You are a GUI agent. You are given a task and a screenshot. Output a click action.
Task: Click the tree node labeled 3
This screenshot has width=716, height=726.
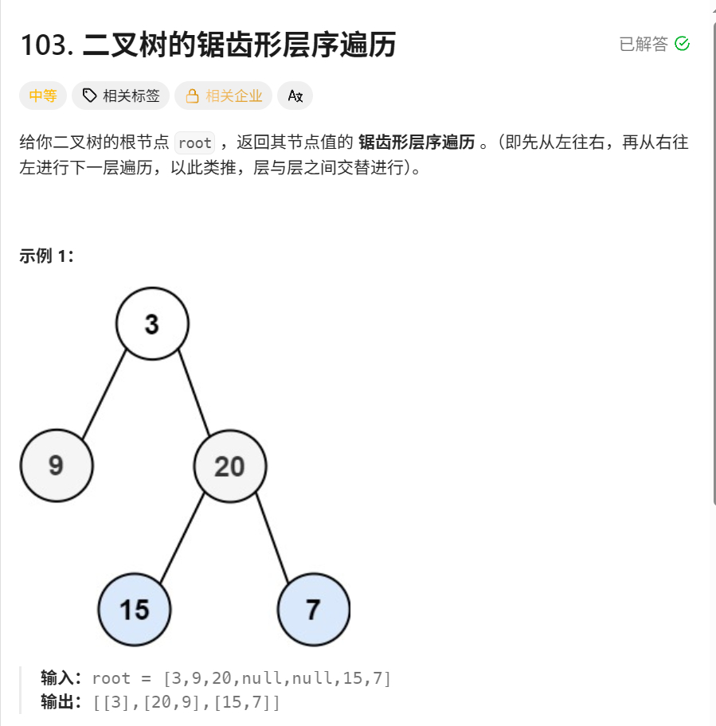coord(152,323)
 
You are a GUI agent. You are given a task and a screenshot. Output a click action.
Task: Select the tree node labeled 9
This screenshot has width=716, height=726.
coord(57,465)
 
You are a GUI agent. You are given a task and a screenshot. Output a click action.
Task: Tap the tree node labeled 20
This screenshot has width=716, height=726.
coord(230,466)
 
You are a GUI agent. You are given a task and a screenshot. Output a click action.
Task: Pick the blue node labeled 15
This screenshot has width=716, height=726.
coord(135,609)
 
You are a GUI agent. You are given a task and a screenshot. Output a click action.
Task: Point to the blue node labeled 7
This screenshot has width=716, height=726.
coord(314,609)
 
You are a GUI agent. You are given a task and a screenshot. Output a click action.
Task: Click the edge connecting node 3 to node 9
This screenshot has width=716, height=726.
coord(104,394)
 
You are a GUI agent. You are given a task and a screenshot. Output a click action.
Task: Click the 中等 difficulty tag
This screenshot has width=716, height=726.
coord(43,96)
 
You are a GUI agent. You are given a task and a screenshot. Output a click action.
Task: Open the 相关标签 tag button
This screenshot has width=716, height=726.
coord(121,96)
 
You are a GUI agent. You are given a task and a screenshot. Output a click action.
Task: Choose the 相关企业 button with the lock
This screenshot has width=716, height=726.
coord(224,96)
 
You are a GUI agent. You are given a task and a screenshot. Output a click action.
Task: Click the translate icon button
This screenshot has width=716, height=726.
coord(295,96)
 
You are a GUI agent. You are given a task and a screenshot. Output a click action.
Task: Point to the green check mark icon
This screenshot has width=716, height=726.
coord(682,44)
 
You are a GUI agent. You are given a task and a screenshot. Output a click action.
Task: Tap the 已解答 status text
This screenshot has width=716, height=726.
coord(644,44)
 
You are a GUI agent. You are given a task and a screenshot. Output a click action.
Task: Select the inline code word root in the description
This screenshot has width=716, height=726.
coord(195,143)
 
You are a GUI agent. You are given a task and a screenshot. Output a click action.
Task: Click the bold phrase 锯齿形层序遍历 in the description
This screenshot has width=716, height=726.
coord(417,142)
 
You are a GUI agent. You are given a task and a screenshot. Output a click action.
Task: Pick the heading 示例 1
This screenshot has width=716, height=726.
coord(46,256)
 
